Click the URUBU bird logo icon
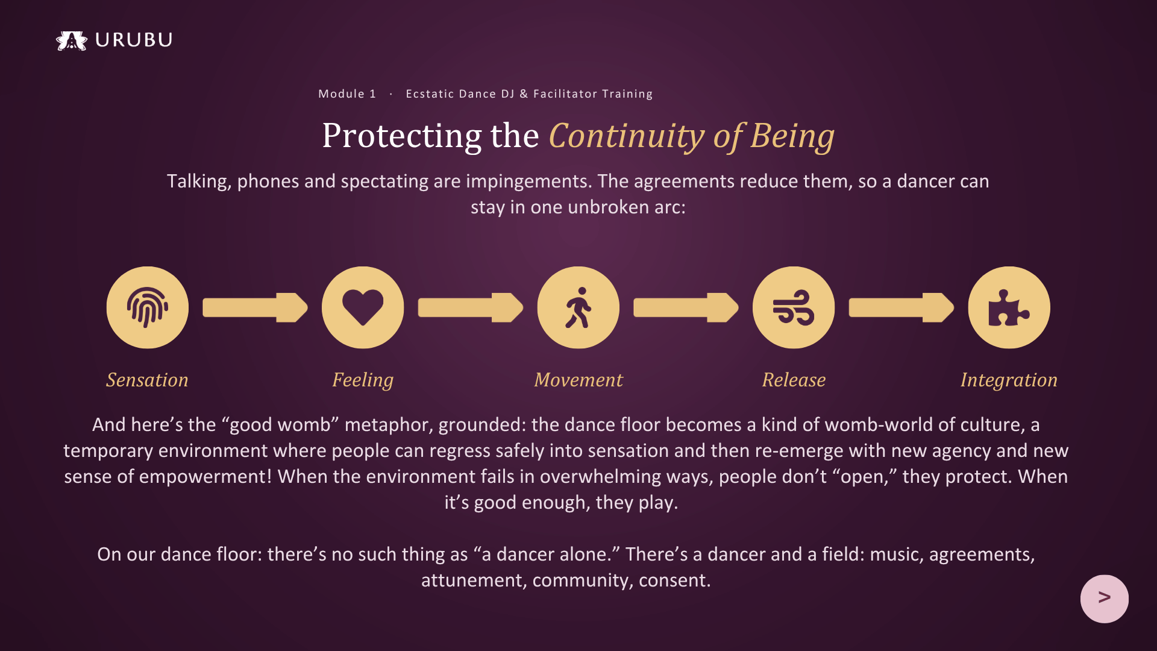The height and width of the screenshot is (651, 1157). [x=72, y=40]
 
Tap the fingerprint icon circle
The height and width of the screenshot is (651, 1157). [x=148, y=307]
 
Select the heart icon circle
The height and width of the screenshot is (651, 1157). [x=363, y=307]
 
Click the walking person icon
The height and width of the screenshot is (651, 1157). [x=578, y=307]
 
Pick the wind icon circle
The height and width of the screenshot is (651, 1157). [x=794, y=307]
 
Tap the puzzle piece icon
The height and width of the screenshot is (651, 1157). [x=1009, y=308]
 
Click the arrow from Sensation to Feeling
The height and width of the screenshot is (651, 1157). [x=256, y=307]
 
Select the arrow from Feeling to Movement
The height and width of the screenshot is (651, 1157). [x=471, y=307]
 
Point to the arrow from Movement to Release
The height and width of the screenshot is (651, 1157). [x=686, y=307]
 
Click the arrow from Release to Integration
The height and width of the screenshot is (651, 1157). [x=901, y=307]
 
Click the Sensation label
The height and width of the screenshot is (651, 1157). [x=148, y=380]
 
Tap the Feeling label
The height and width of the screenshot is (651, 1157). [x=363, y=380]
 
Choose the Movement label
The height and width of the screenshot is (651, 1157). [x=578, y=380]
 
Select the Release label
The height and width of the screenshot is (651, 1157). [x=794, y=380]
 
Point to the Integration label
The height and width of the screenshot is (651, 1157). [x=1009, y=380]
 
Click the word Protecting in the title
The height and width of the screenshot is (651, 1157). [x=402, y=136]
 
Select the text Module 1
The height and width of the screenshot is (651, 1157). [x=347, y=93]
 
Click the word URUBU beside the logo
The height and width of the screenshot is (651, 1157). [x=134, y=40]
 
